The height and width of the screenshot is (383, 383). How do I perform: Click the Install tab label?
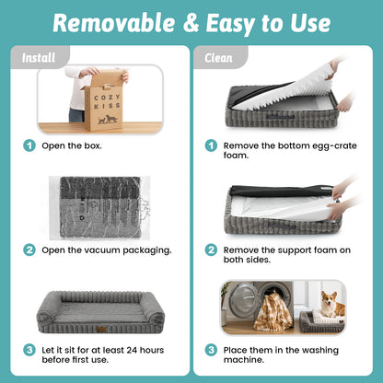39,58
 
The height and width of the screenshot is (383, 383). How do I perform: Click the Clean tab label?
218,58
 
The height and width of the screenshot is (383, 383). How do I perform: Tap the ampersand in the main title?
191,24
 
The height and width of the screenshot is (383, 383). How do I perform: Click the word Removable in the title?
114,23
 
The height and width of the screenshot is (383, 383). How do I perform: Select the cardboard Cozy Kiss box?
104,101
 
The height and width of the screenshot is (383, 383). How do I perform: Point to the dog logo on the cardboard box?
108,119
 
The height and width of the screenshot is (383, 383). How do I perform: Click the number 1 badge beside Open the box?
29,145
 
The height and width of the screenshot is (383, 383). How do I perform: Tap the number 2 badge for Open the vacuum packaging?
29,250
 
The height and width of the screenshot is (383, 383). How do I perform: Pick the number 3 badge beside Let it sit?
29,350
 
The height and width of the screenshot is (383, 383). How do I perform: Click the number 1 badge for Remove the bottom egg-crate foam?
211,145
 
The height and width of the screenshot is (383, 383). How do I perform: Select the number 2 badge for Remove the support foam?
211,250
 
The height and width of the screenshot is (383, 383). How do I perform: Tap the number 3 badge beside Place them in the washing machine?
211,350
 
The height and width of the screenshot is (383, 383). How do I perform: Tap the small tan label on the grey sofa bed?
100,330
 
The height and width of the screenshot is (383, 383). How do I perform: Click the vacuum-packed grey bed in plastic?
100,208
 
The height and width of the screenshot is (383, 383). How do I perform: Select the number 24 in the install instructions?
132,350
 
